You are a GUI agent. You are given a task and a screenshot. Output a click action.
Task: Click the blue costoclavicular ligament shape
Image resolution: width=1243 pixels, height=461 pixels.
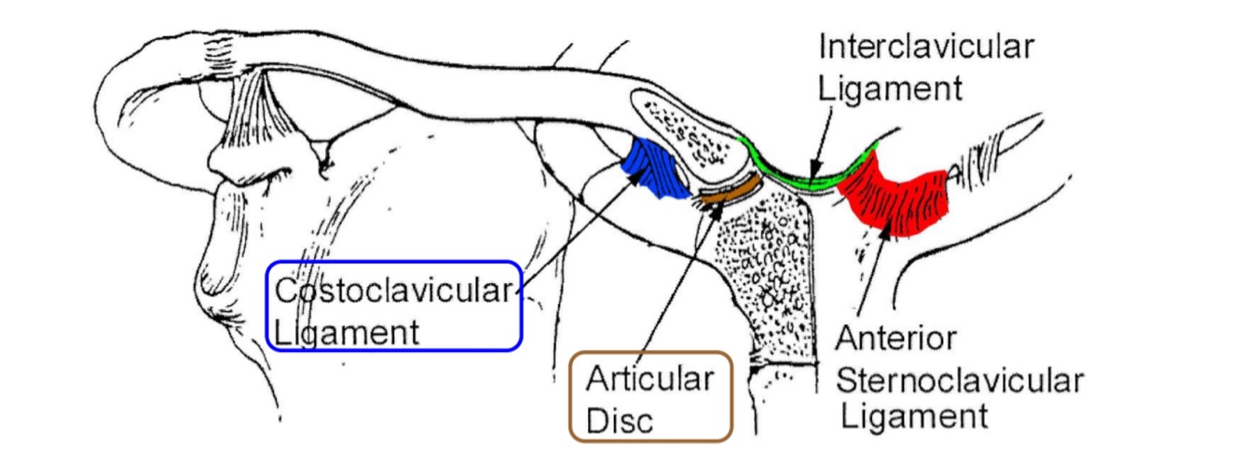point(659,166)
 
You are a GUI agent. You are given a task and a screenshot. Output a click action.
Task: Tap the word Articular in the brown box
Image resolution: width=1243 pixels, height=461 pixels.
point(649,380)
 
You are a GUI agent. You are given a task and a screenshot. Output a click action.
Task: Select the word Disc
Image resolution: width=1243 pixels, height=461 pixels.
point(621,420)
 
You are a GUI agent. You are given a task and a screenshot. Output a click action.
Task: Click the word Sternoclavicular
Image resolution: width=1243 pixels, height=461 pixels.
point(961,379)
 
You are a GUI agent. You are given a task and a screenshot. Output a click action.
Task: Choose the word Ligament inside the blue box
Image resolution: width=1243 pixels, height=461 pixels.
point(346,332)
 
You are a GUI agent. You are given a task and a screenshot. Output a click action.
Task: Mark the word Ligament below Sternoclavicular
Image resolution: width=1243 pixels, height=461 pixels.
point(914,416)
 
